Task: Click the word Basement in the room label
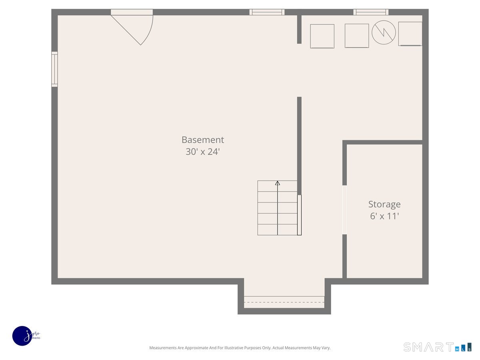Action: tap(202, 140)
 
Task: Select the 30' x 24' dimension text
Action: tap(202, 152)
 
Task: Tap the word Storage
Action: tap(384, 204)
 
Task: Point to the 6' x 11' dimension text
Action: tap(384, 216)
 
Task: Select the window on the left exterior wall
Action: tap(54, 69)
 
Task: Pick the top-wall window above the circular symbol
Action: tap(371, 12)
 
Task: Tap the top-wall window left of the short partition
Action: tap(267, 12)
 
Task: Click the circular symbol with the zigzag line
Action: tap(384, 32)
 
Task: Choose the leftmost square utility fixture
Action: tap(322, 36)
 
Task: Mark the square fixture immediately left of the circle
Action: tap(356, 36)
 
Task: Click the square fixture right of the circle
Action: tap(410, 34)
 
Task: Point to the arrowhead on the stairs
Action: tap(278, 183)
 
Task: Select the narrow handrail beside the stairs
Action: tap(299, 215)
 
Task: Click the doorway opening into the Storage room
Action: tap(344, 210)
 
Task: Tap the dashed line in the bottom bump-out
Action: tap(284, 302)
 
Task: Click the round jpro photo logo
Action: tap(22, 336)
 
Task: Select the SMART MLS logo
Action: tap(437, 347)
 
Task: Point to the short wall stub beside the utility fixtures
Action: tap(299, 29)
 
